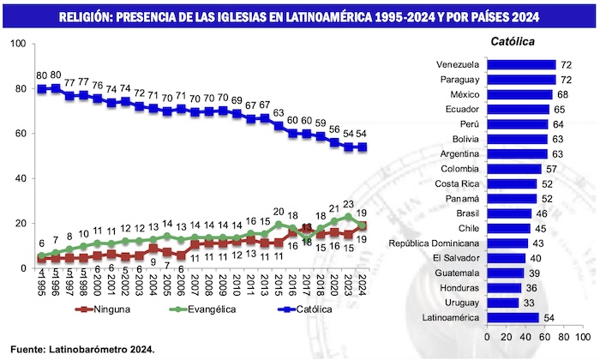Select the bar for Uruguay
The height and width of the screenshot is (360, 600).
click(x=502, y=302)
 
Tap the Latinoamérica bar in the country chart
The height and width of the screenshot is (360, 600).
click(x=513, y=318)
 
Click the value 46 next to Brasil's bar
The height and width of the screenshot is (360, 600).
click(x=540, y=213)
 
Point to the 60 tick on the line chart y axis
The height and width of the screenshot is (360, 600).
click(x=20, y=133)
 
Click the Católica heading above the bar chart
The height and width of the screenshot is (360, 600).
click(x=513, y=41)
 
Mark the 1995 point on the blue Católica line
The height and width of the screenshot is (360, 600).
click(x=41, y=88)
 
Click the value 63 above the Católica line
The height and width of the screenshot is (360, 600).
click(x=279, y=112)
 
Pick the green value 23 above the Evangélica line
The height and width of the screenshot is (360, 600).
click(x=347, y=204)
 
